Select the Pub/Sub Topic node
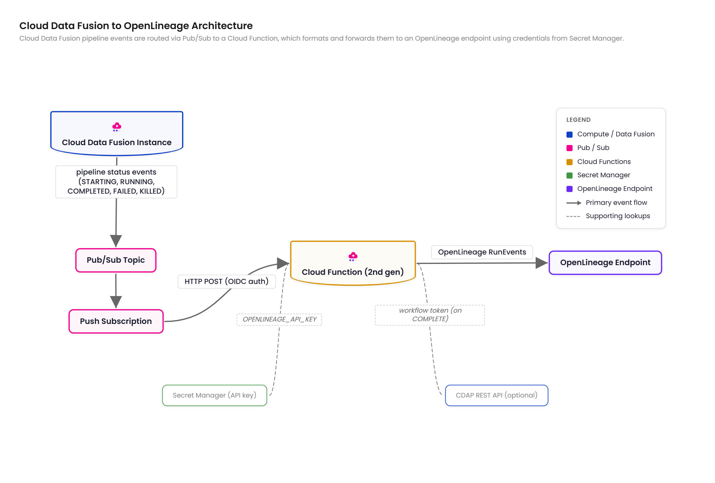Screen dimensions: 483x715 click(116, 260)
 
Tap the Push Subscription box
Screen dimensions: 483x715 click(116, 321)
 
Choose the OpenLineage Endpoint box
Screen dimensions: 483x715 click(605, 263)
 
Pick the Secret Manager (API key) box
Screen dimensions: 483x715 click(215, 395)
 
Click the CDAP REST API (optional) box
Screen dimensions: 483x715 click(497, 395)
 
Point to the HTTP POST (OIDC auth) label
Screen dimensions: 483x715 click(226, 281)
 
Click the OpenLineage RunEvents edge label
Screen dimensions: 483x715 click(482, 252)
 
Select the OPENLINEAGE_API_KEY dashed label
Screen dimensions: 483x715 click(279, 319)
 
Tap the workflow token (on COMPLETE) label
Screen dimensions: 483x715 click(430, 315)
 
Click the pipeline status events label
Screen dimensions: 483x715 click(116, 182)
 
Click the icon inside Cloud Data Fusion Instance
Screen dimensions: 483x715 click(117, 127)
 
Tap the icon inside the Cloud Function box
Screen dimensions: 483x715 click(353, 256)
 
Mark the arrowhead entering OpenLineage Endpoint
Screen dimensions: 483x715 click(541, 263)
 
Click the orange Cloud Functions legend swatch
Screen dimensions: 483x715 click(570, 162)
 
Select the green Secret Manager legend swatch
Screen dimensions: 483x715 click(570, 175)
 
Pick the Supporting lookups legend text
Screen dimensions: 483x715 click(618, 216)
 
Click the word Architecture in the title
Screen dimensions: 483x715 click(222, 25)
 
